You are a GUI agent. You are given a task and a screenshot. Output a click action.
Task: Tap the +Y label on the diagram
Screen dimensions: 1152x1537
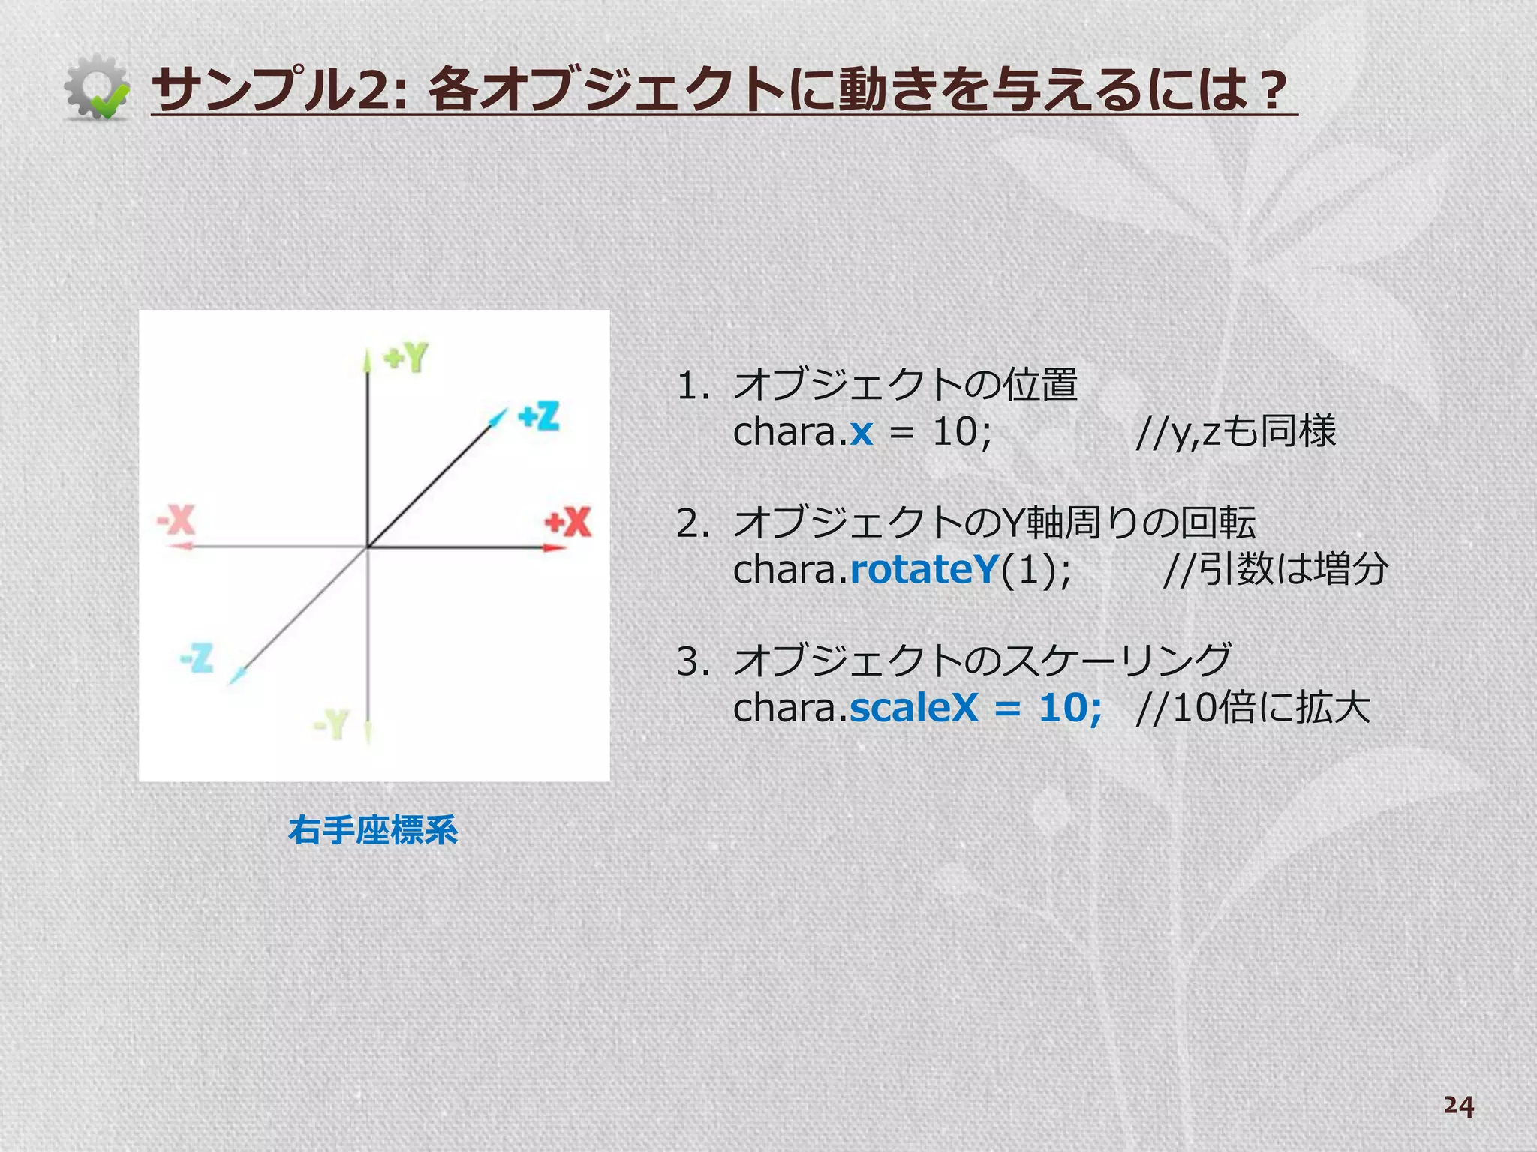[406, 358]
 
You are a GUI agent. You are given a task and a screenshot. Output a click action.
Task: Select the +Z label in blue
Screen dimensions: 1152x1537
[539, 416]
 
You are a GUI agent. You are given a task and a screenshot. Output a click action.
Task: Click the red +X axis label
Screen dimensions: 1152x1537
[568, 522]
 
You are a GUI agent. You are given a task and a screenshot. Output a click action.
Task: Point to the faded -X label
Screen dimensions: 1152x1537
[176, 519]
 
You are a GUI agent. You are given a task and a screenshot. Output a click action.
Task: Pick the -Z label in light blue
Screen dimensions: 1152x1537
[197, 658]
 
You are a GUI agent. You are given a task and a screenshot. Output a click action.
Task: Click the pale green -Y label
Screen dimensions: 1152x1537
[331, 724]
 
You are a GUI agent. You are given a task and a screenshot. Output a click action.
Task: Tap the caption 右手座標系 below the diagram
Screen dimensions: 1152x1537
[373, 830]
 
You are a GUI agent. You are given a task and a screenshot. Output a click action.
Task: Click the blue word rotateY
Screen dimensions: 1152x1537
[923, 569]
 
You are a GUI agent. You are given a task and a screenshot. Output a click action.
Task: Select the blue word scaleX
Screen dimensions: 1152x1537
[914, 707]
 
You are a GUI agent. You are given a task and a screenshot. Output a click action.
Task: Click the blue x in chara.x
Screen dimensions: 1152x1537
[862, 432]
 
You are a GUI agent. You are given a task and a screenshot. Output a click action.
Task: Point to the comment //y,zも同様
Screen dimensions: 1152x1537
[1235, 431]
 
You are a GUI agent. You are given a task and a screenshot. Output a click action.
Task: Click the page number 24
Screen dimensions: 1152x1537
[1458, 1105]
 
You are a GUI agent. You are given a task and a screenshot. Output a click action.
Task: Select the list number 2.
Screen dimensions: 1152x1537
[690, 523]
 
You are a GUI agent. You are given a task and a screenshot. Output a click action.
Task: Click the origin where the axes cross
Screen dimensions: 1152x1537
[367, 548]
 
